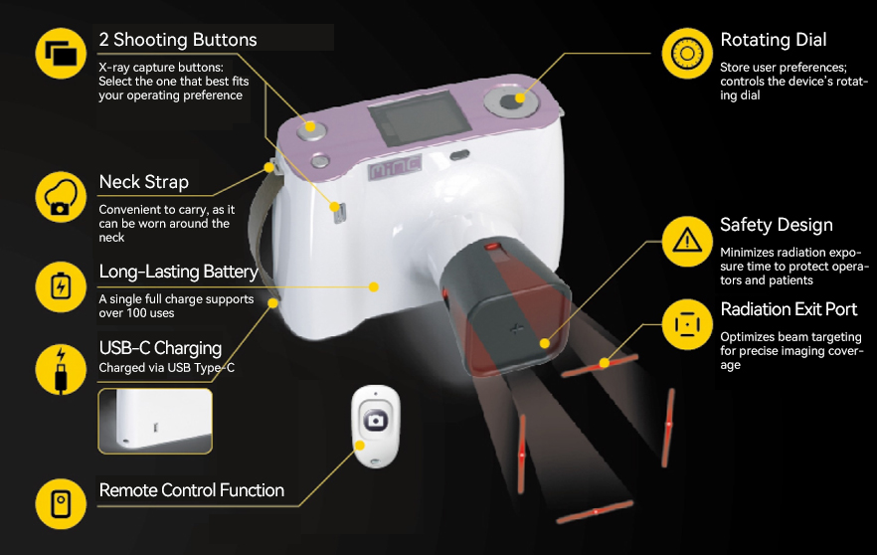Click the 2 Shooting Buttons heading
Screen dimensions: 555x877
click(x=177, y=41)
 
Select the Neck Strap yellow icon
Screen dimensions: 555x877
click(x=62, y=197)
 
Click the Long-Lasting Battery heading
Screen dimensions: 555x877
click(x=178, y=272)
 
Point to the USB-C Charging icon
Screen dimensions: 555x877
click(x=62, y=368)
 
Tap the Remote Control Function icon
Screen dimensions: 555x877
click(x=62, y=502)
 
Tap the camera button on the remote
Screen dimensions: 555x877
click(x=377, y=421)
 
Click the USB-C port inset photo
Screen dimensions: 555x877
click(x=155, y=421)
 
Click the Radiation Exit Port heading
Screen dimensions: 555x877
click(x=789, y=309)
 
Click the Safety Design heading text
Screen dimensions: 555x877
click(x=776, y=226)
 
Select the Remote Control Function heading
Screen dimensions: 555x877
click(x=191, y=490)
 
